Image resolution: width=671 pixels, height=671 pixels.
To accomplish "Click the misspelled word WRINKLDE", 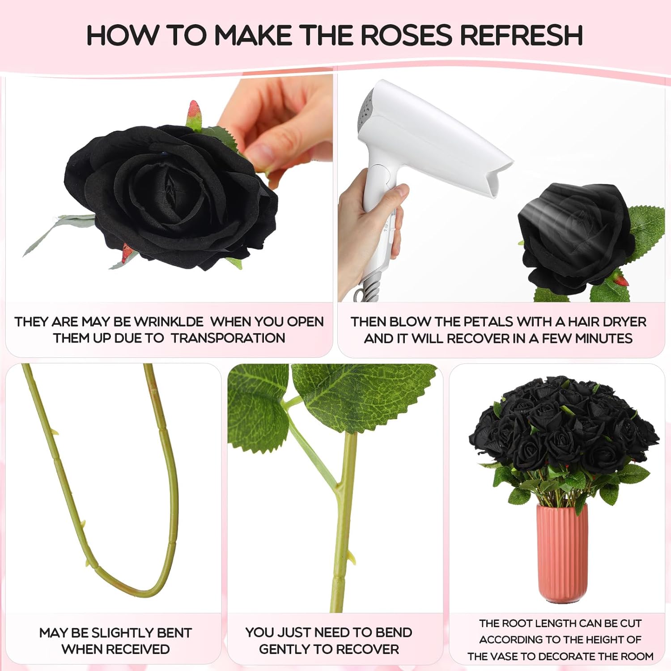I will [x=169, y=322].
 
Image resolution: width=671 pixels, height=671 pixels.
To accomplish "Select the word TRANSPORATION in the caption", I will [x=228, y=338].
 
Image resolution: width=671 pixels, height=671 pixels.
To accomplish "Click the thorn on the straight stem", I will [x=351, y=557].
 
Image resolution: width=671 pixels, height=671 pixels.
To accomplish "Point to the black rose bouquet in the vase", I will [x=564, y=429].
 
